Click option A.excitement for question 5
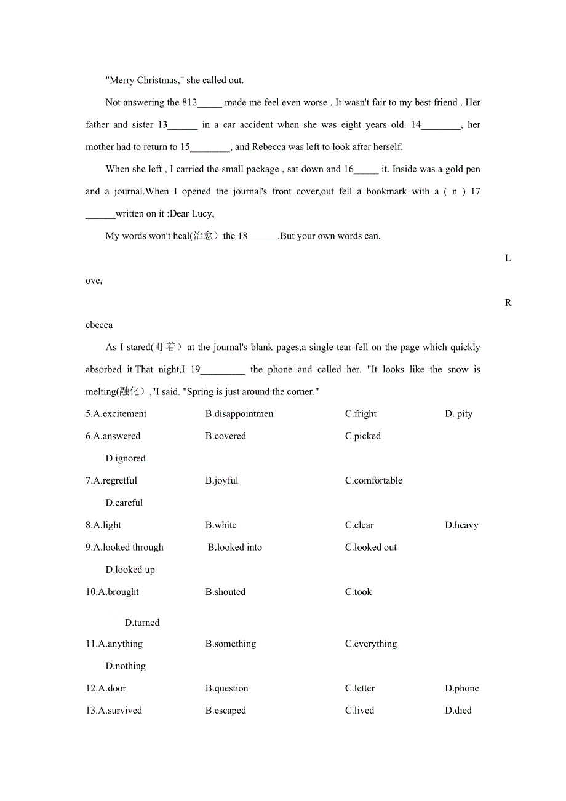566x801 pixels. (x=116, y=414)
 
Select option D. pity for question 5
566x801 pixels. (x=458, y=414)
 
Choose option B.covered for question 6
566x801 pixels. (x=225, y=436)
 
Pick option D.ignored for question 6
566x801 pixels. (x=126, y=458)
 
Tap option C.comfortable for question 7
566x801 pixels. (x=373, y=480)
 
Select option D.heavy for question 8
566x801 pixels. (x=461, y=525)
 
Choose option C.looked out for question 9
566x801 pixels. (x=370, y=548)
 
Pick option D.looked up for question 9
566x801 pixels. (x=130, y=570)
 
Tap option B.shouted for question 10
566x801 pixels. (x=225, y=592)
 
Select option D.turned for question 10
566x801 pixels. (x=142, y=623)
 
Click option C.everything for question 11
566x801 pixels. (x=370, y=644)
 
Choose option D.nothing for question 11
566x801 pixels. (x=126, y=666)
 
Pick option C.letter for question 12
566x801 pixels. (x=360, y=688)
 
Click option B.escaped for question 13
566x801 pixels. (x=225, y=711)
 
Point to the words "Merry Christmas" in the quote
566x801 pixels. (x=141, y=80)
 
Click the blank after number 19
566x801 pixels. (x=223, y=370)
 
